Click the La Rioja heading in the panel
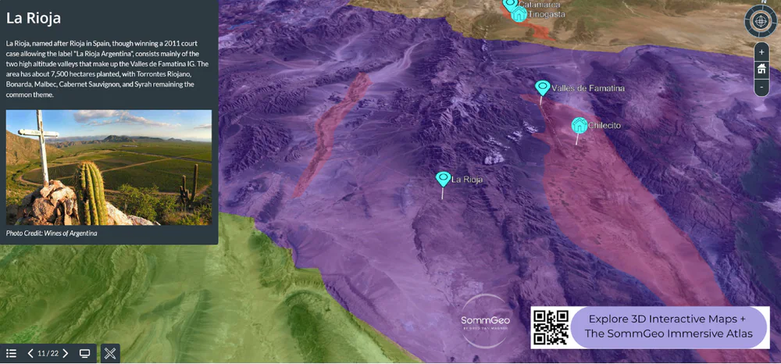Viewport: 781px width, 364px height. point(34,17)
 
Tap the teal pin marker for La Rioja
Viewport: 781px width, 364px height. point(443,180)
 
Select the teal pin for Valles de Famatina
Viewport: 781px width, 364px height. point(542,87)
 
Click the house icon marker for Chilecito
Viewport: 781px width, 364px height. point(579,125)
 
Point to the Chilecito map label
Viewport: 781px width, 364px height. point(604,125)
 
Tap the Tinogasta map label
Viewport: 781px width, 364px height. point(547,14)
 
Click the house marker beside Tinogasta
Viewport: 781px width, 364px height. point(519,14)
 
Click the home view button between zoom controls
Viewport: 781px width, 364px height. point(761,70)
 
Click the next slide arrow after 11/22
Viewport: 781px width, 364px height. point(66,353)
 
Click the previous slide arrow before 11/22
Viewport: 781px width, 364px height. point(30,353)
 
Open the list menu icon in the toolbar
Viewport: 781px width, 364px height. point(12,353)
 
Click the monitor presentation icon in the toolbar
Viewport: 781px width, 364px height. point(85,353)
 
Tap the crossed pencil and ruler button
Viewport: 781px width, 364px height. point(110,353)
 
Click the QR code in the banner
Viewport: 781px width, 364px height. point(551,327)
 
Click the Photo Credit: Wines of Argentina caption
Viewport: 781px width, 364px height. point(52,233)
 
